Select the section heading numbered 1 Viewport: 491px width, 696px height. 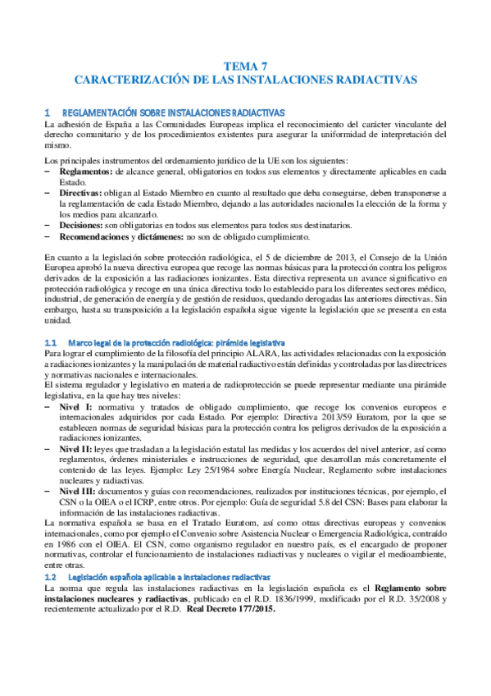point(164,112)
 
